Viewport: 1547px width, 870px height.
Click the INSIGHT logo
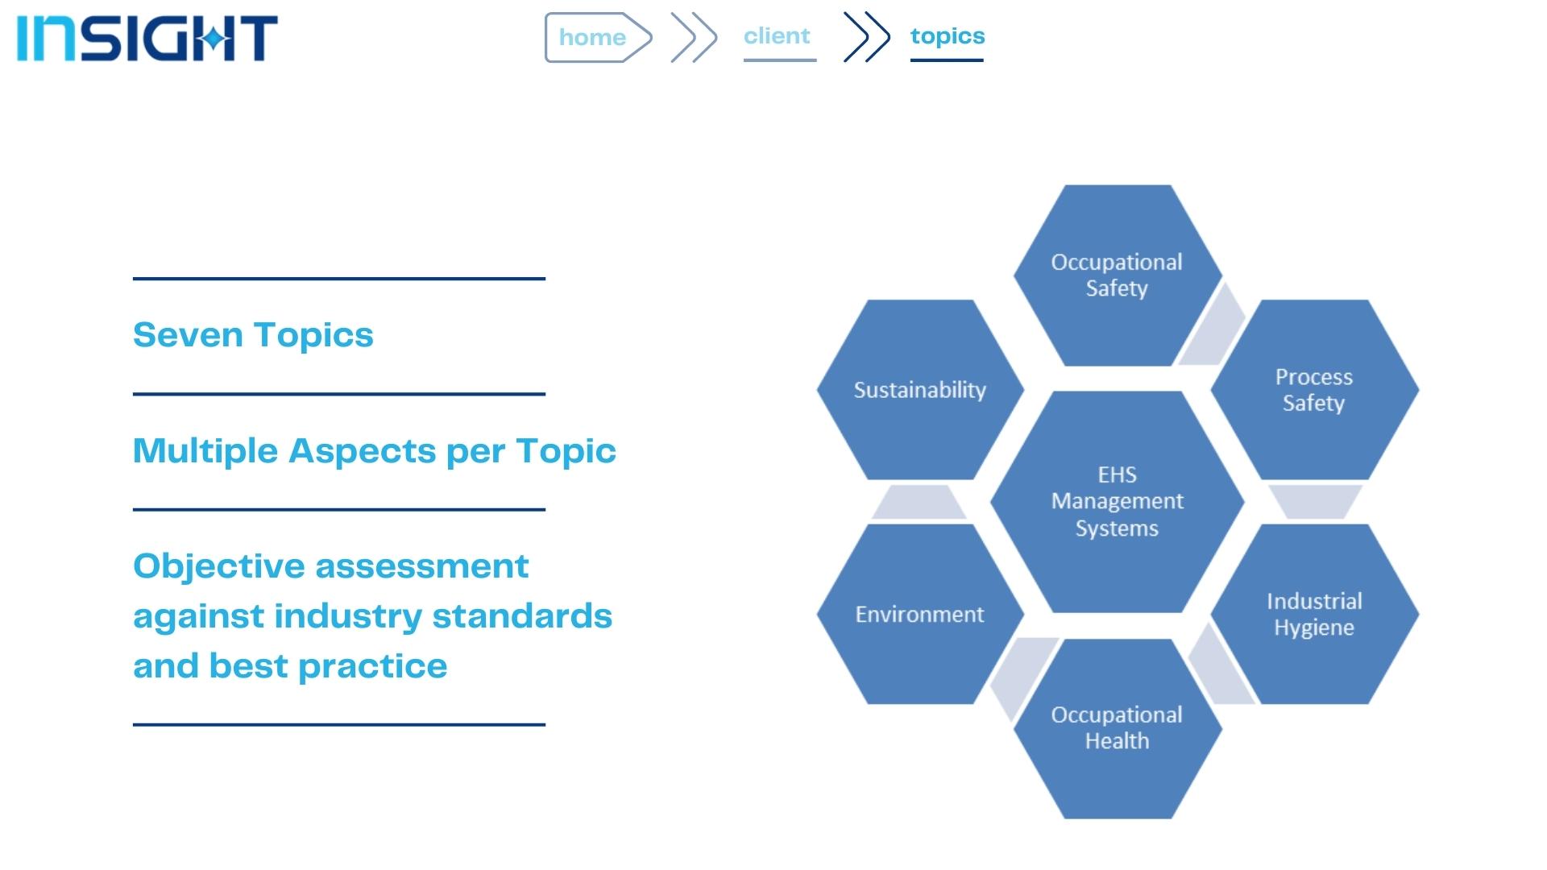click(147, 38)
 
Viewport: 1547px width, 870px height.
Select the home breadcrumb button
click(598, 37)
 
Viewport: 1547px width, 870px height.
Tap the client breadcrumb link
click(778, 36)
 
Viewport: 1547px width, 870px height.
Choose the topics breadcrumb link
click(948, 36)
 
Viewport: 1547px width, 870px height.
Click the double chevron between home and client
click(694, 37)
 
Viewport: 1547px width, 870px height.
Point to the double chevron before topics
click(866, 37)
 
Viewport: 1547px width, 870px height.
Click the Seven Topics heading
click(253, 335)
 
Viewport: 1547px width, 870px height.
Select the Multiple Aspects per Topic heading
click(375, 451)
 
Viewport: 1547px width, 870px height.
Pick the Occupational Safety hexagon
click(1118, 275)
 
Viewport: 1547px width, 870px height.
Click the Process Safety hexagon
click(1314, 390)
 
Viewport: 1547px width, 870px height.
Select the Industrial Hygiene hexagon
click(1314, 614)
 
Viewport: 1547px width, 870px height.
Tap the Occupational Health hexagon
click(1118, 728)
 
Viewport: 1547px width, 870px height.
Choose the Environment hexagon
click(920, 614)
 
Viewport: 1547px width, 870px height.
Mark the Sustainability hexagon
click(920, 390)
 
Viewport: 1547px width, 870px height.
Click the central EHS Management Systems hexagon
click(1118, 502)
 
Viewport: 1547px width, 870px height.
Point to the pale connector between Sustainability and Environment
click(919, 502)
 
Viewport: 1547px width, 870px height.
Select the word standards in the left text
click(522, 616)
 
